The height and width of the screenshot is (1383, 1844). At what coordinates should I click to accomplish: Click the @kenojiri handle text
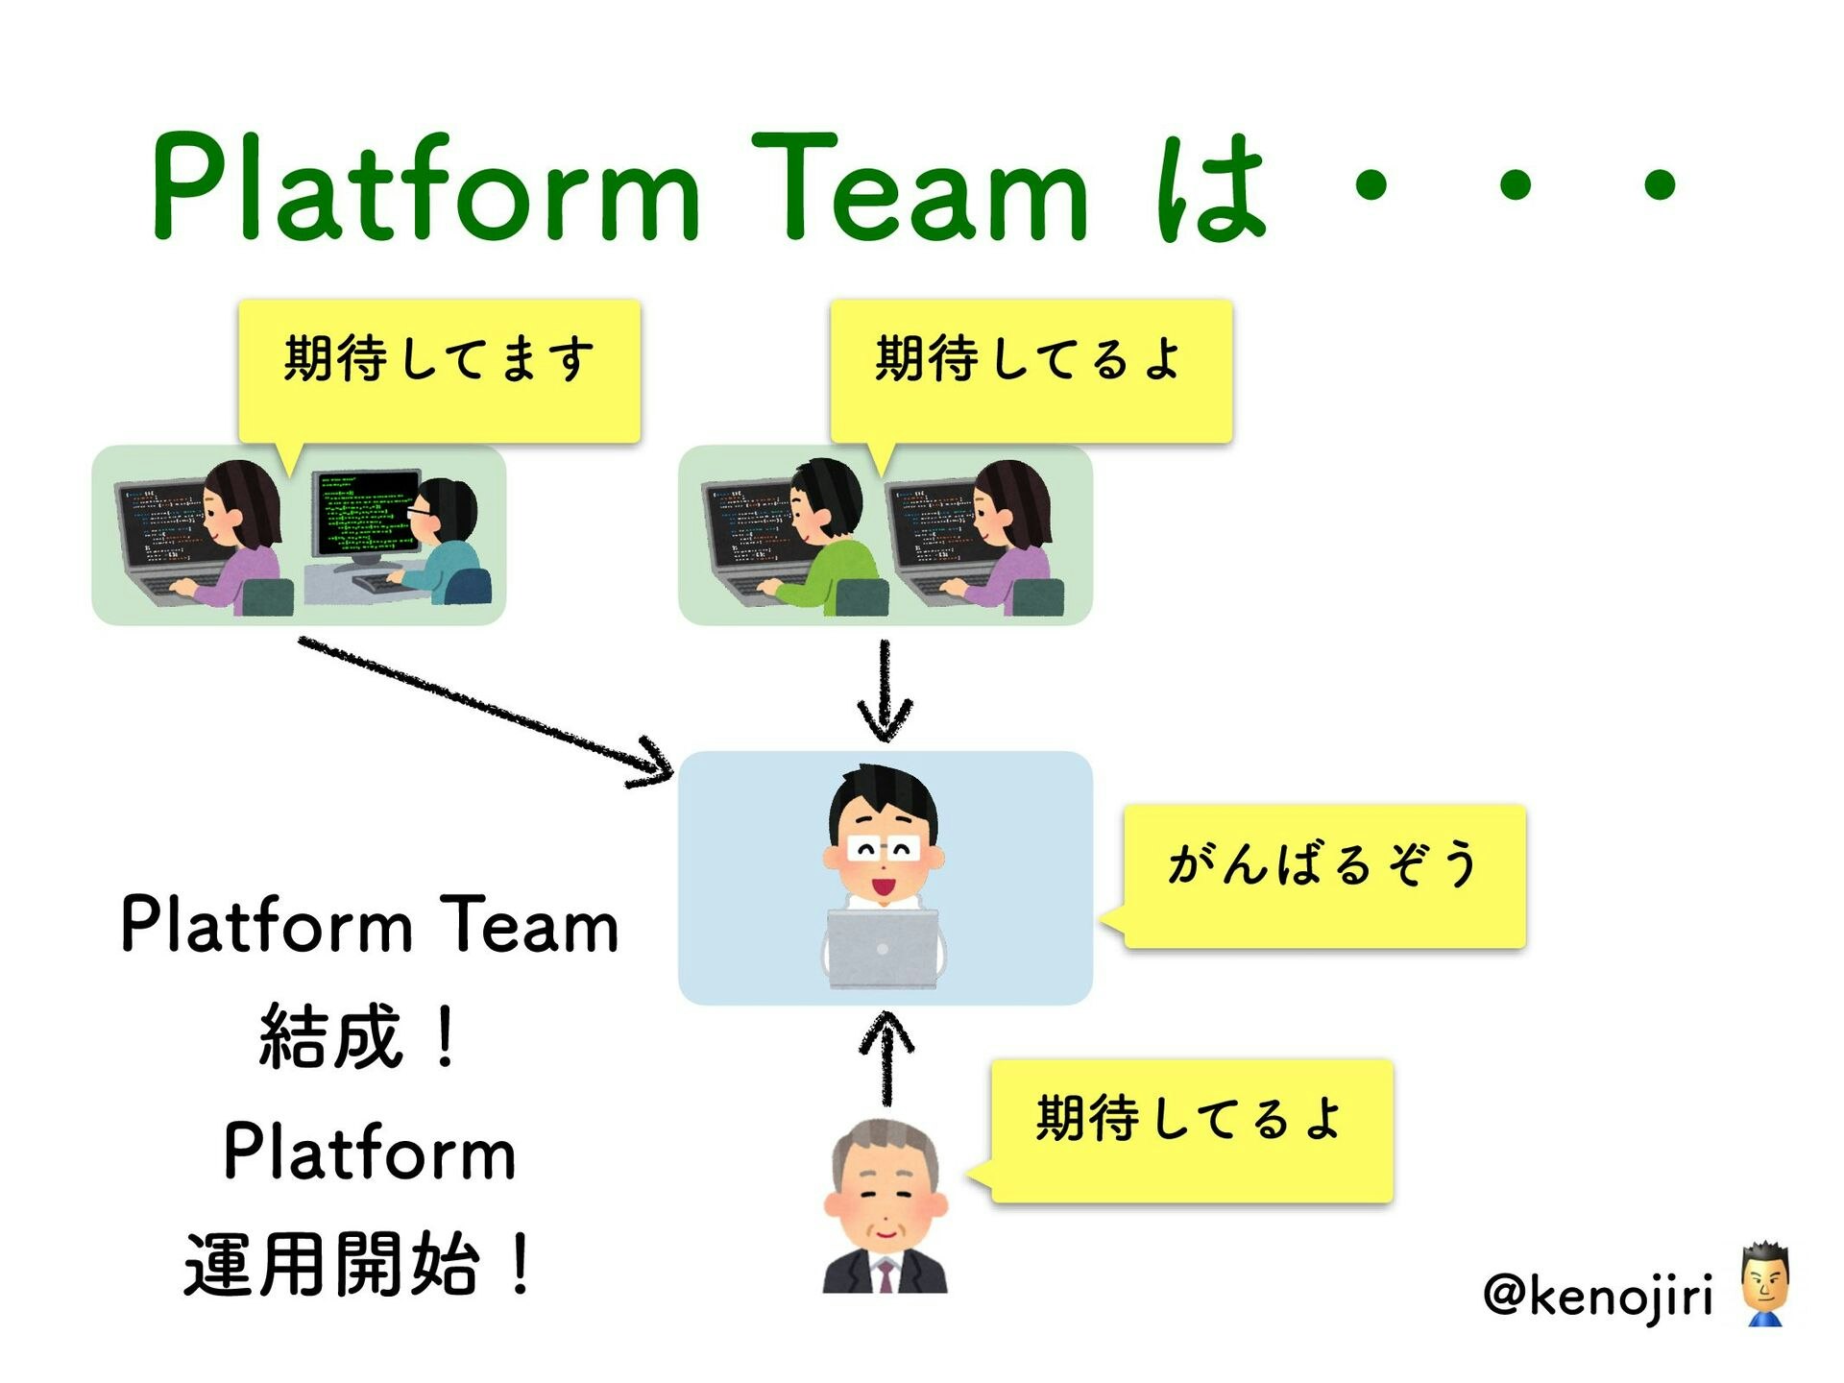[x=1598, y=1296]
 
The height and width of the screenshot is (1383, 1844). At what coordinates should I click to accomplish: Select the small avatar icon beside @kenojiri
[x=1765, y=1284]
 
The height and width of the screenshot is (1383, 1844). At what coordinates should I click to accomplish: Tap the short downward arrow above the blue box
[x=885, y=691]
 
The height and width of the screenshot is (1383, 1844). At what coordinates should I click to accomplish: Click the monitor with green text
[x=366, y=518]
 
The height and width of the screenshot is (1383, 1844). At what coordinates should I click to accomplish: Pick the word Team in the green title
[x=920, y=187]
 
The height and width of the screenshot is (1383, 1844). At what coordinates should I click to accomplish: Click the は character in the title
[x=1212, y=187]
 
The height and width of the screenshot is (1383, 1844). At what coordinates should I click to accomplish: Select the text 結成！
[x=360, y=1036]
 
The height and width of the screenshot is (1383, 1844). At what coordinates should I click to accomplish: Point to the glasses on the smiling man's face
[x=884, y=849]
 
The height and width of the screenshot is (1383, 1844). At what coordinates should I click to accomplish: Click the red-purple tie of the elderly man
[x=886, y=1276]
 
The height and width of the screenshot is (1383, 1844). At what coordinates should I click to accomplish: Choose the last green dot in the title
[x=1660, y=185]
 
